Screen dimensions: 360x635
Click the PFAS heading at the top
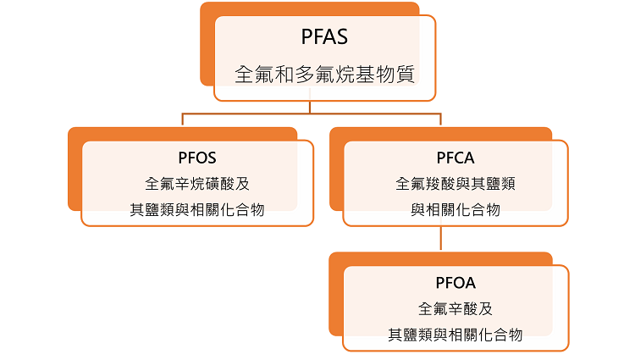(x=325, y=37)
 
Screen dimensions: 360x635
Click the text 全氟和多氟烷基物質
(x=325, y=74)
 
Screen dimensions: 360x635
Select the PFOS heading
(x=197, y=158)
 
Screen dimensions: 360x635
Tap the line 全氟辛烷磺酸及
(x=197, y=183)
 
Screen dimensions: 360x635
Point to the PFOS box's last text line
(x=197, y=209)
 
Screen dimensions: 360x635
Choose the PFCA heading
(x=455, y=158)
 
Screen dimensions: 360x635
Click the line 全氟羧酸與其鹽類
(x=455, y=183)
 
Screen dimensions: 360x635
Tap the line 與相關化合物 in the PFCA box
(x=455, y=209)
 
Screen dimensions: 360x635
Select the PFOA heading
(x=455, y=283)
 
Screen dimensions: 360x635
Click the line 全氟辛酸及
(x=455, y=308)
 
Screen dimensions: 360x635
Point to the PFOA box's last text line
(x=455, y=335)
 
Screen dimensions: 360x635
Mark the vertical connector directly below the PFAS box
(x=311, y=107)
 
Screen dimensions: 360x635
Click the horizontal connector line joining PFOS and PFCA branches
(x=254, y=113)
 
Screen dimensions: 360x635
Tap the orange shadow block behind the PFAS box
(x=207, y=47)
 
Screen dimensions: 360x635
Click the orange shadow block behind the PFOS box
(x=75, y=169)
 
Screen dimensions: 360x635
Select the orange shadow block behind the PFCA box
(x=336, y=169)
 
